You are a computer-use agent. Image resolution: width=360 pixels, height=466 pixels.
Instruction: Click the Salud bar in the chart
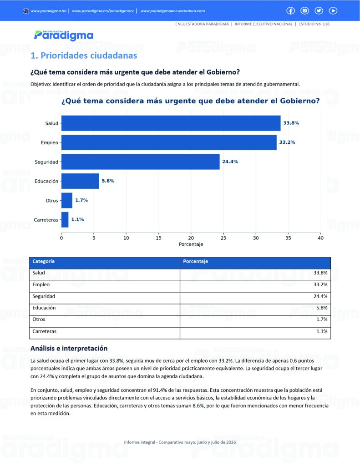point(171,123)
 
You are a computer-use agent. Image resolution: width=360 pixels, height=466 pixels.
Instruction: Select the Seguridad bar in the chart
point(141,162)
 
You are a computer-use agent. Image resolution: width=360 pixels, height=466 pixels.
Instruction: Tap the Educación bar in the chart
point(80,181)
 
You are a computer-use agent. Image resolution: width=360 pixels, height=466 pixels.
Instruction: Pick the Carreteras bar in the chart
point(65,220)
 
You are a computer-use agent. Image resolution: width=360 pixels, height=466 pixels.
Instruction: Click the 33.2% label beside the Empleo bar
point(287,142)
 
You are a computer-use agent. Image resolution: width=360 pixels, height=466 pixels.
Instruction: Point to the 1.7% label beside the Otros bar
point(81,200)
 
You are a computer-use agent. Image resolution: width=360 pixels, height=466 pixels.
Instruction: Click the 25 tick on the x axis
point(223,238)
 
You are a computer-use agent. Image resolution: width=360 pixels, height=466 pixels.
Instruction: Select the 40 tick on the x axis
point(320,238)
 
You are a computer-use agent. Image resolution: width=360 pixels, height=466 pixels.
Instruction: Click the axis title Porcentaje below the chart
point(191,244)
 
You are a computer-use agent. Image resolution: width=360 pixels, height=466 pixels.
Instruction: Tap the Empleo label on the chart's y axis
point(50,142)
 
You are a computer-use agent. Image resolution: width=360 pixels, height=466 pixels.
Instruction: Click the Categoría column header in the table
point(43,261)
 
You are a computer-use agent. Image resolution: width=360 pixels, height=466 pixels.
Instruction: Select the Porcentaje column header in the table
point(195,261)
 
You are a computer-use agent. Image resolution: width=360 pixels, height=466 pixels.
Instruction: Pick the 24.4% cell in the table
point(320,296)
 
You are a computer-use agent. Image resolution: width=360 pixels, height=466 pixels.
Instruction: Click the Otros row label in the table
point(39,319)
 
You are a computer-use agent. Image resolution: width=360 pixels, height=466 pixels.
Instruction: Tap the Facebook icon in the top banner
point(290,11)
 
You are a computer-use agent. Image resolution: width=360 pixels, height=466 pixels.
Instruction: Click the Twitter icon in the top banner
point(319,11)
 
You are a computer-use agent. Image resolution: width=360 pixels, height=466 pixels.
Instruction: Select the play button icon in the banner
point(333,11)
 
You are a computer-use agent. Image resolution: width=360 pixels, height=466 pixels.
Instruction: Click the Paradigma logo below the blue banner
point(64,35)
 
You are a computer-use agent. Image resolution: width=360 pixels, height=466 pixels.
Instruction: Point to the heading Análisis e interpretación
point(69,348)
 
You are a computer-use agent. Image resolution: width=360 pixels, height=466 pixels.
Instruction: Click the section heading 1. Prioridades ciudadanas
point(84,56)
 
